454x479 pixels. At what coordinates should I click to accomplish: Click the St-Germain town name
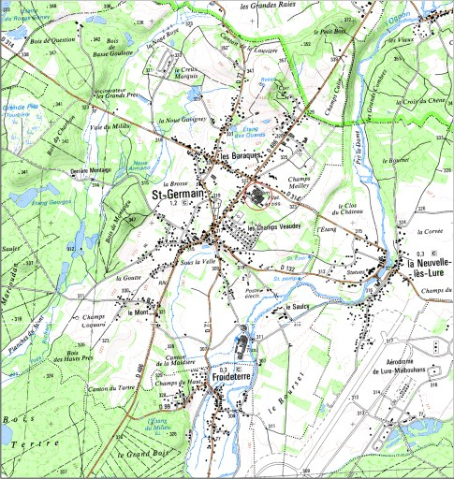(179, 195)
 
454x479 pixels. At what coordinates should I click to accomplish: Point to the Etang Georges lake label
(51, 202)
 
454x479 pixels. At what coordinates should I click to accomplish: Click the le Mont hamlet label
(139, 312)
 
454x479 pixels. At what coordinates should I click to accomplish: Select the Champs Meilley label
(303, 181)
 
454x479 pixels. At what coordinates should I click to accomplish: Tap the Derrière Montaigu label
(91, 171)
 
